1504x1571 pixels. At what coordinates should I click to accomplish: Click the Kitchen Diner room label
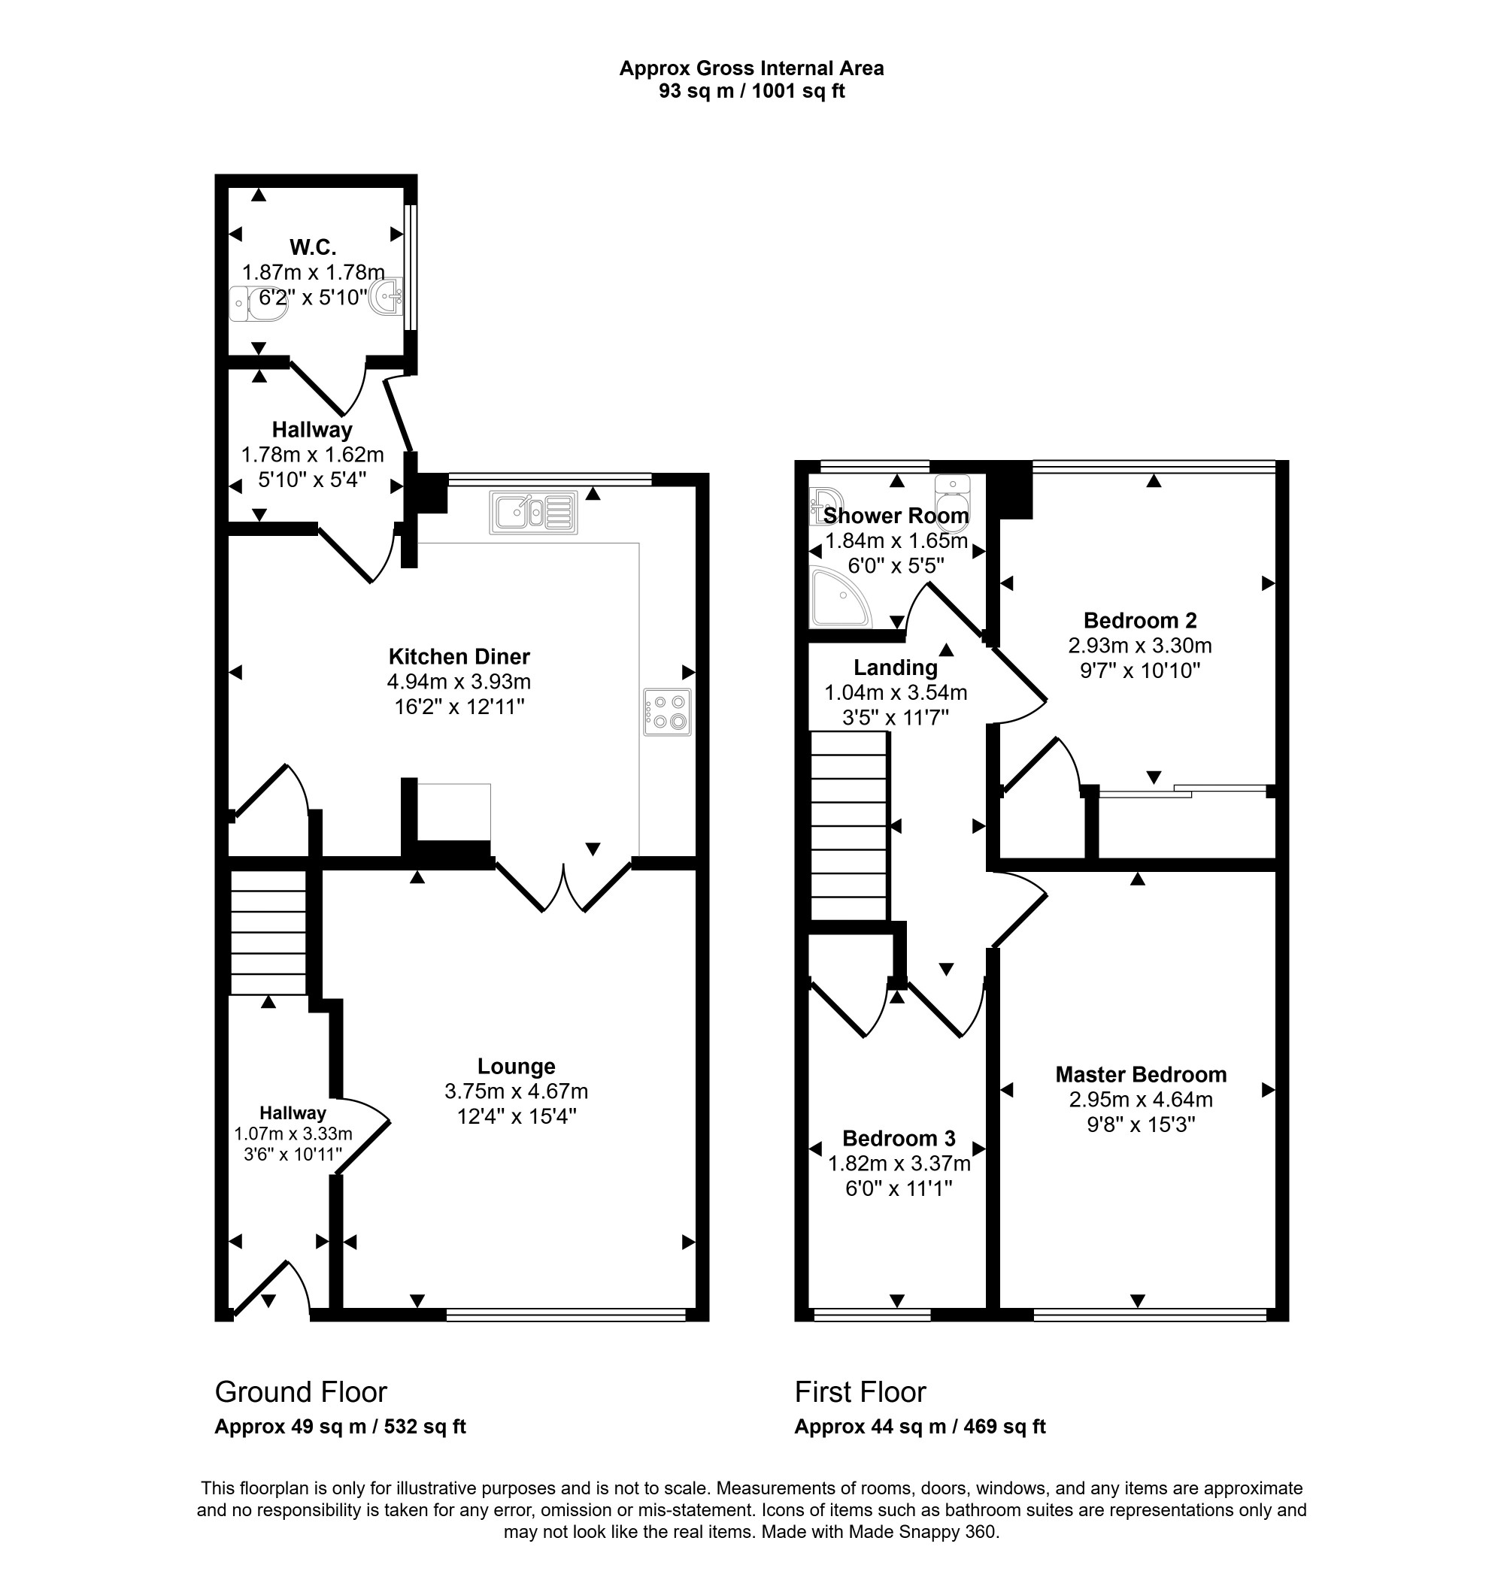point(459,656)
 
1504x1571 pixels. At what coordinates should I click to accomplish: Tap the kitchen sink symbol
point(532,512)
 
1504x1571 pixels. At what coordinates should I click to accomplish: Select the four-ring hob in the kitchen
point(667,712)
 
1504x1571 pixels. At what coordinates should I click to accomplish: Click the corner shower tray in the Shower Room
point(840,597)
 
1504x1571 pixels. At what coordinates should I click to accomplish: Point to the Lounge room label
point(517,1066)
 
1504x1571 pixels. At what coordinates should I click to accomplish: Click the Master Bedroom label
point(1141,1074)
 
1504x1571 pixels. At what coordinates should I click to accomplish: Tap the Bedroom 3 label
point(899,1138)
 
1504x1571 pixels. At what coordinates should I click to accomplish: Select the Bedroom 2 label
point(1140,619)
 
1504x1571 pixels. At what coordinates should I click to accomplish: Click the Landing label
point(896,667)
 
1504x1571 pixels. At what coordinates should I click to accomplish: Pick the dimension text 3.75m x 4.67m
point(517,1091)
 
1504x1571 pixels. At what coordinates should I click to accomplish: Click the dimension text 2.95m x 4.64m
point(1141,1099)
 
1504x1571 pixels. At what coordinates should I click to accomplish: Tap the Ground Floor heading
point(301,1392)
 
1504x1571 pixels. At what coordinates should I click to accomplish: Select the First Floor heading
point(860,1392)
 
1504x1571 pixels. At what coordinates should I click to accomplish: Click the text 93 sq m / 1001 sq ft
point(752,90)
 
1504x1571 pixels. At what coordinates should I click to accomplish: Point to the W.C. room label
point(313,246)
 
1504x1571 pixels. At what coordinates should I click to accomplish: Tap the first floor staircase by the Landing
point(849,825)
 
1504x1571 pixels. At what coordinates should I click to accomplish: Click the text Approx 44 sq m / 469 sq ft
point(920,1427)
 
